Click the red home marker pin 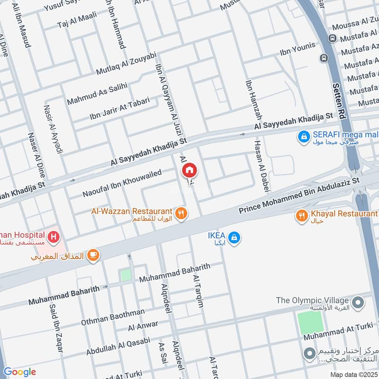(189, 169)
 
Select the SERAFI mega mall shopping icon (304, 137)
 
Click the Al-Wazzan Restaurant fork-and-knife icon (180, 214)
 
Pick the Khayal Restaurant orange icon (302, 217)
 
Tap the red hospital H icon (54, 235)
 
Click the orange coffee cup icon (93, 256)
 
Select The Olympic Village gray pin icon (359, 301)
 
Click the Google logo (19, 372)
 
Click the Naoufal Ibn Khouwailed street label (122, 184)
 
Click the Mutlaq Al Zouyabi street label (126, 64)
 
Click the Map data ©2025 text (353, 374)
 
